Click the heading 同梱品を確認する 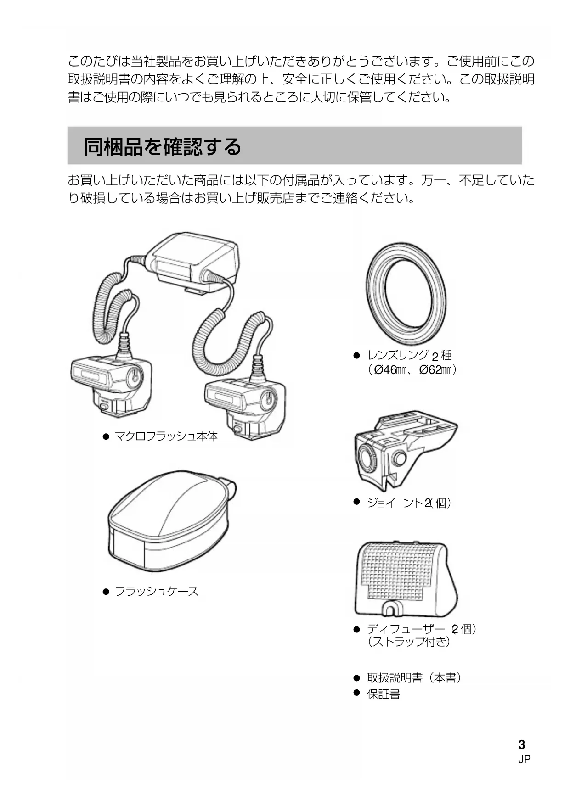162,147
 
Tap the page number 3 521,744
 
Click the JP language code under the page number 524,760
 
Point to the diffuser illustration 406,579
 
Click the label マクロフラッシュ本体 166,436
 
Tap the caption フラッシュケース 156,591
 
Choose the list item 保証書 383,694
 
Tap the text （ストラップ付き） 408,641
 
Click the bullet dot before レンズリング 356,355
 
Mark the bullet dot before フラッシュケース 106,592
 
